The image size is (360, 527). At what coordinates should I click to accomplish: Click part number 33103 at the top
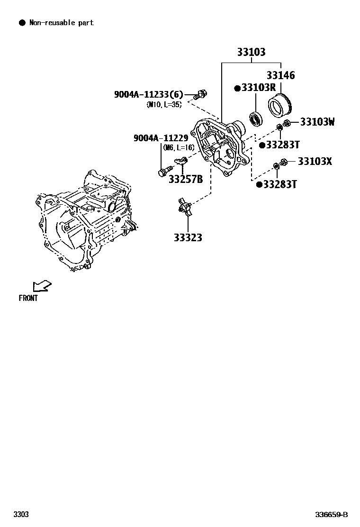point(251,53)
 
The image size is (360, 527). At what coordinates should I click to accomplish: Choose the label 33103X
point(315,162)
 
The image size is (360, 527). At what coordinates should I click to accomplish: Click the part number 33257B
point(186,179)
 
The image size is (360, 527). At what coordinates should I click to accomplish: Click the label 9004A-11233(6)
point(148,94)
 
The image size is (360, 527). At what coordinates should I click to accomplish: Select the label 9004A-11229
point(161,138)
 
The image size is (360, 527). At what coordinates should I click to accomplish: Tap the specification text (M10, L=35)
point(164,104)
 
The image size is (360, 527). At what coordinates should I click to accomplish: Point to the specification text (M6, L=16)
point(179,147)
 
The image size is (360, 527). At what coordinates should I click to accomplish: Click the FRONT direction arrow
point(42,286)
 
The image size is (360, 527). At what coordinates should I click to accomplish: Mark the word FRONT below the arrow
point(28,298)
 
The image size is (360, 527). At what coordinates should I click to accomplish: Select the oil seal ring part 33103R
point(256,119)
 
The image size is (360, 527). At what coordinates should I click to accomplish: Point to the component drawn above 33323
point(185,207)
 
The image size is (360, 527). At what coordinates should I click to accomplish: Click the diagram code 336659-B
point(332,515)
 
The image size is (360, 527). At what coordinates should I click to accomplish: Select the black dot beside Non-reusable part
point(21,23)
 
